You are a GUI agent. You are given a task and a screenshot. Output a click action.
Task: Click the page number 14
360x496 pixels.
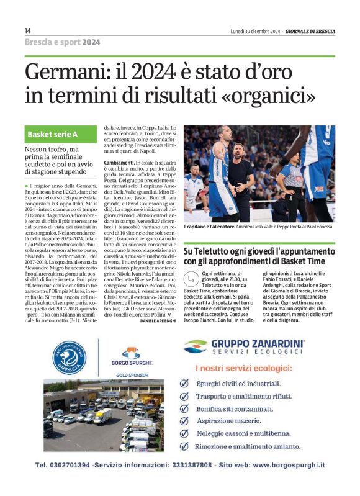pyautogui.click(x=28, y=30)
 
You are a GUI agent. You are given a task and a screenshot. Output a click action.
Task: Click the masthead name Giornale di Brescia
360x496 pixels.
pyautogui.click(x=310, y=30)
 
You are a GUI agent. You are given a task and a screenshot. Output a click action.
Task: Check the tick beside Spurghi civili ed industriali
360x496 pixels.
pyautogui.click(x=184, y=384)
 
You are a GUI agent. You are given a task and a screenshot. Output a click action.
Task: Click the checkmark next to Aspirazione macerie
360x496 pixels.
pyautogui.click(x=184, y=421)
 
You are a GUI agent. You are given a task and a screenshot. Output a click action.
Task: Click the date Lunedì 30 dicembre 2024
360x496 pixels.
pyautogui.click(x=252, y=30)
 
